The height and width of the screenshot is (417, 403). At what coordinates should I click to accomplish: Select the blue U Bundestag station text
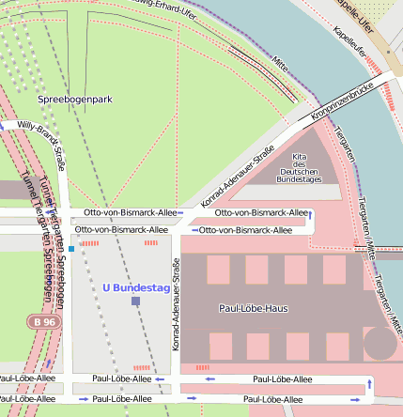pos(135,287)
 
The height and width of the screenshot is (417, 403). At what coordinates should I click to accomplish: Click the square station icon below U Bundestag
pos(135,301)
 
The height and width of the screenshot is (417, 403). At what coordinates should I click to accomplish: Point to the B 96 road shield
pos(37,322)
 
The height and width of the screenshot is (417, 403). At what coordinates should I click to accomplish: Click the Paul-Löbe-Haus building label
pos(253,308)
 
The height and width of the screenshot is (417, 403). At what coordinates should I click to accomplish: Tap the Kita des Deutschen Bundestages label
pos(301,167)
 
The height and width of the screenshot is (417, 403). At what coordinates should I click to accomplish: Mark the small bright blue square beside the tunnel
pos(70,249)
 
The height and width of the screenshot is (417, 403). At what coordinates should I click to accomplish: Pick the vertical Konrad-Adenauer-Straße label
pos(176,318)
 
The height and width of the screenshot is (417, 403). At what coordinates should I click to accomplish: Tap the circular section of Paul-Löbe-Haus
pos(380,343)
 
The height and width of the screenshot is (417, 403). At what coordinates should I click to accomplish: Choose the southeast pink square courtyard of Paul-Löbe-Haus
pos(335,347)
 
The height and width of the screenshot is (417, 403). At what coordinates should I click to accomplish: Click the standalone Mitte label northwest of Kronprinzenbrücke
pos(280,64)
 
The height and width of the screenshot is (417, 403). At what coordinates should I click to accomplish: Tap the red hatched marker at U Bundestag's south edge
pos(143,368)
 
